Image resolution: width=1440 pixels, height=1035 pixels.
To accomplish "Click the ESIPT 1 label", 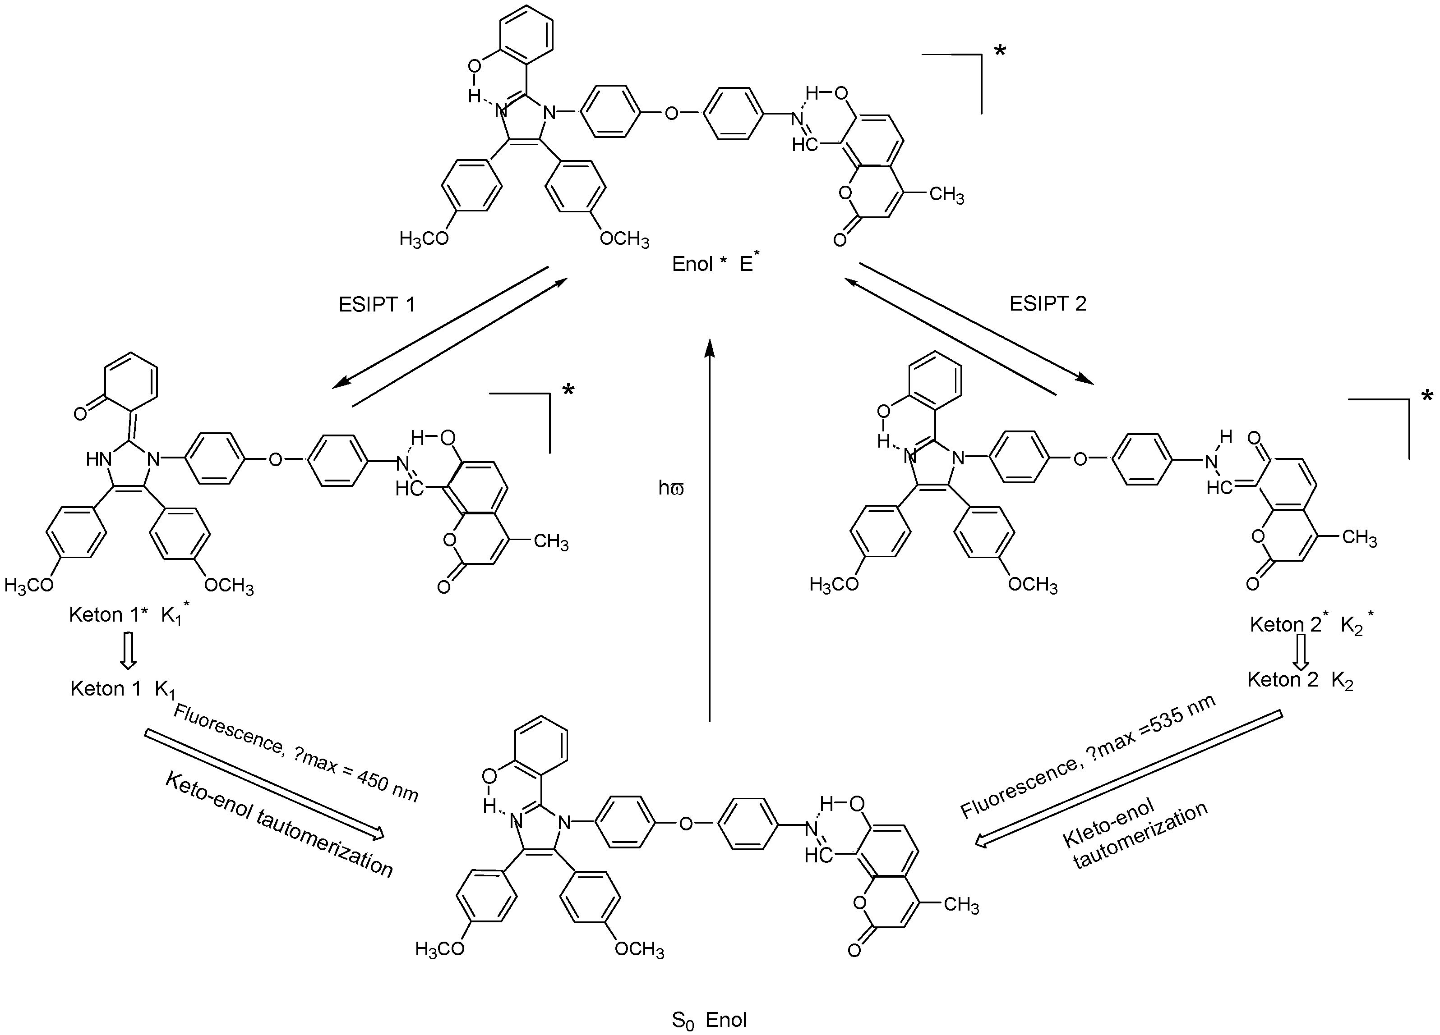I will coord(377,305).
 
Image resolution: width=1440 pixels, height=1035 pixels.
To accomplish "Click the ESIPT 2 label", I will coord(1048,303).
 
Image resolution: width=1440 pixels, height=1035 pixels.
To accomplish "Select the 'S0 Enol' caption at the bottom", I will coord(709,1020).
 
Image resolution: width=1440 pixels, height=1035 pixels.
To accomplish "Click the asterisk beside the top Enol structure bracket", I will coord(1000,51).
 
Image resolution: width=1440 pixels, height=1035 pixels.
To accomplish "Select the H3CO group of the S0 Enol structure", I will coord(439,949).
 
